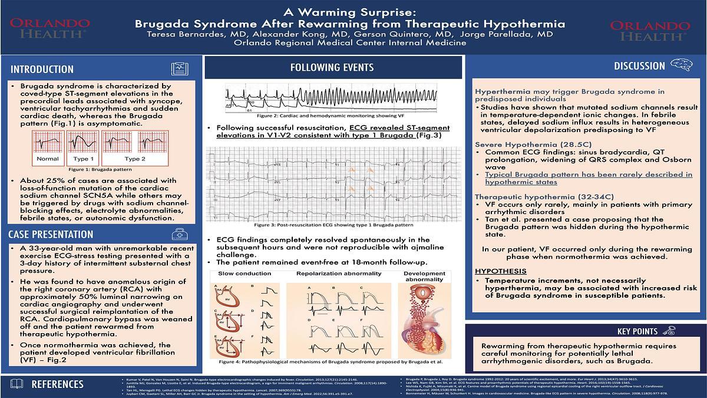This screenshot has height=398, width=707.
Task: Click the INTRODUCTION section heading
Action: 42,69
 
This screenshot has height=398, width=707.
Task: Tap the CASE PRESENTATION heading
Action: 51,235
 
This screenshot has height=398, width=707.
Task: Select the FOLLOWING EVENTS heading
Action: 332,67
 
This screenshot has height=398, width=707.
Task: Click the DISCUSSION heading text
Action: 639,66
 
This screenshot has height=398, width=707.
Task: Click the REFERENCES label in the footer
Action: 57,384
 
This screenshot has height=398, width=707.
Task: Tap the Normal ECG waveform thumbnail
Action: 47,146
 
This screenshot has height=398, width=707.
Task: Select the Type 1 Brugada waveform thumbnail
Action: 82,146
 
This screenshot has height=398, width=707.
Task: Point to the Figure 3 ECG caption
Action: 333,225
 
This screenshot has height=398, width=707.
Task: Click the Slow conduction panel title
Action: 245,274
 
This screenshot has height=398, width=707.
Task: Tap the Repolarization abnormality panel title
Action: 339,274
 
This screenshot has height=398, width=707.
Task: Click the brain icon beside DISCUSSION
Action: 683,65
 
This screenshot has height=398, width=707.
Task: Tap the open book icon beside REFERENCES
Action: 17,384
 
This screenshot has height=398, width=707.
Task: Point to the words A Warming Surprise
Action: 350,11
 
